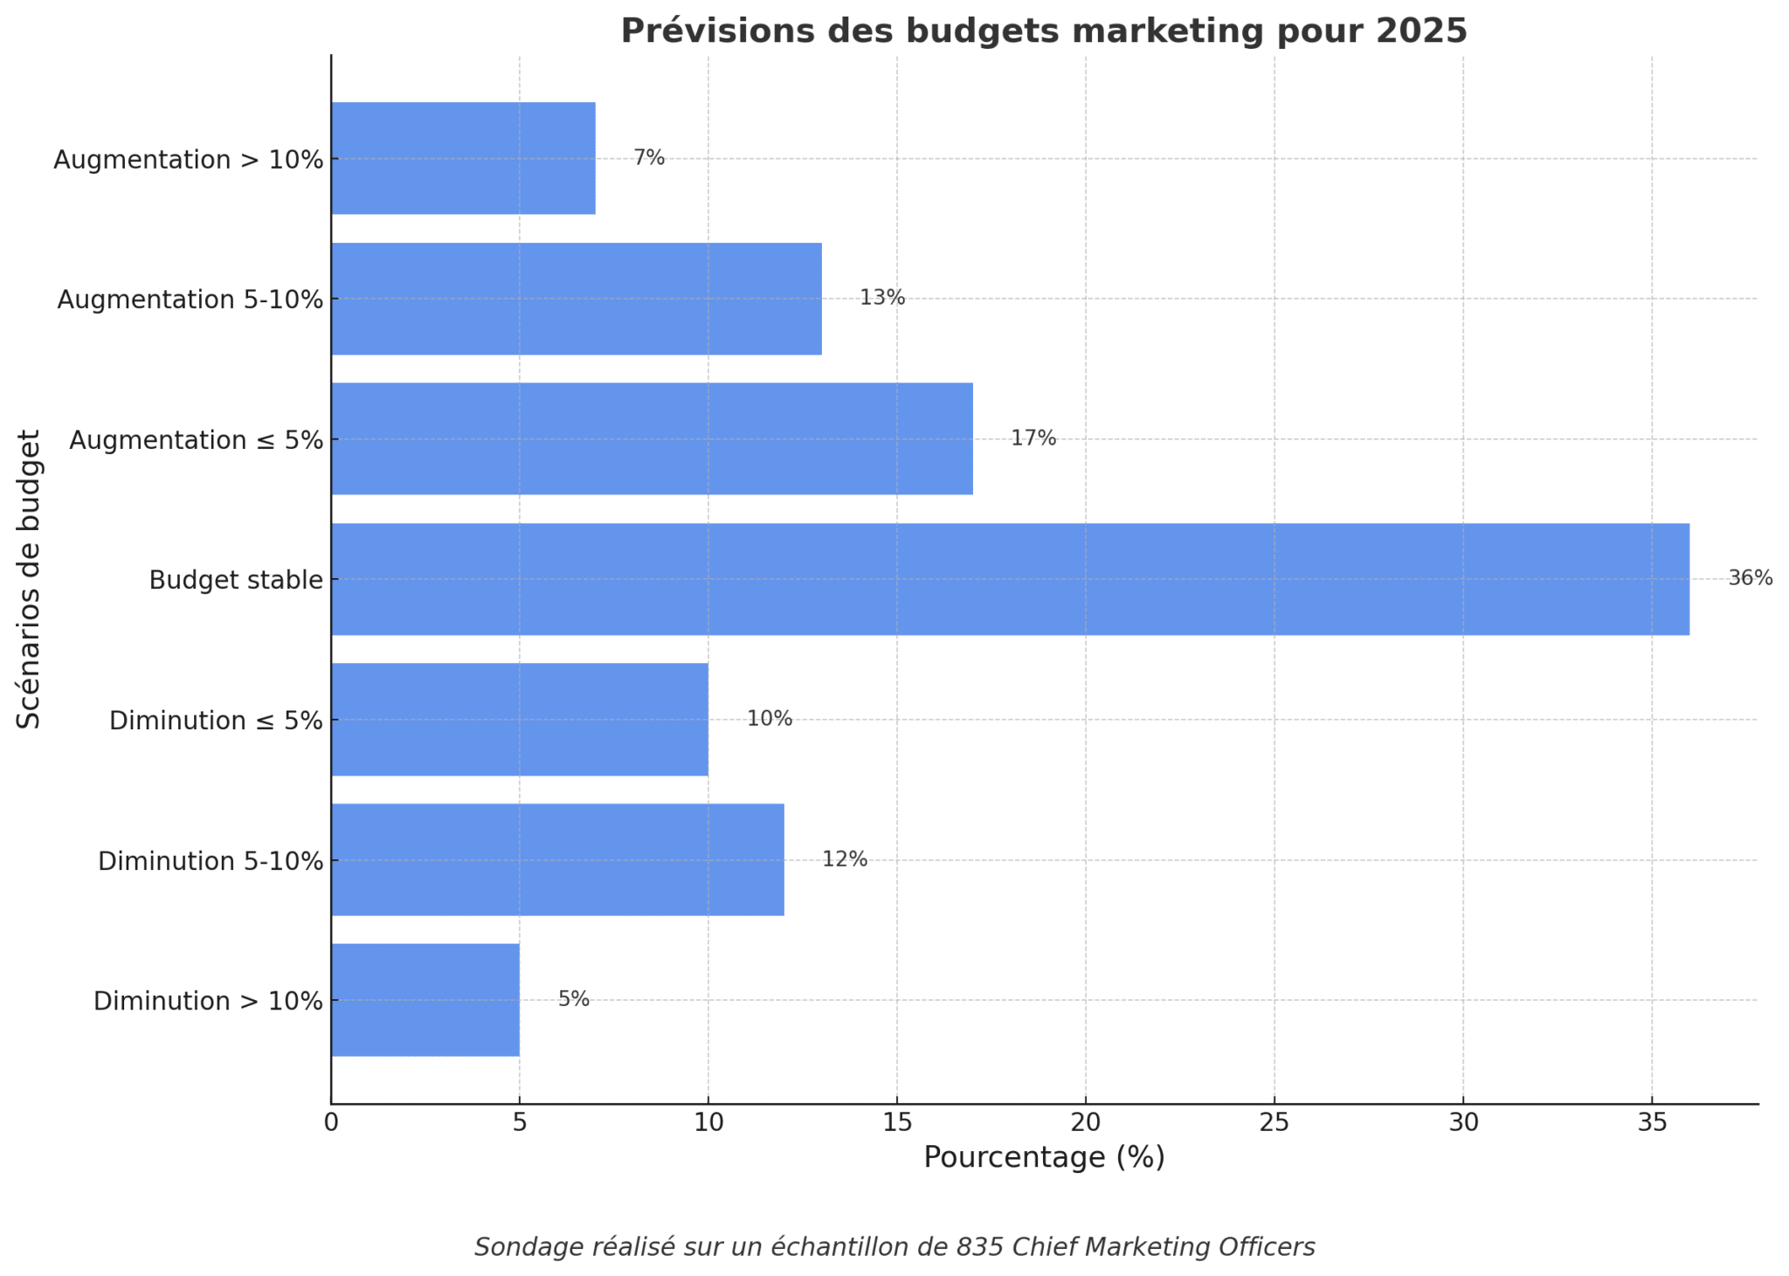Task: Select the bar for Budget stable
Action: (1009, 579)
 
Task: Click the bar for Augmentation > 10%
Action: (463, 158)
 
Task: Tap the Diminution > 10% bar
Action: (425, 1000)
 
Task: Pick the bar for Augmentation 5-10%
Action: (577, 299)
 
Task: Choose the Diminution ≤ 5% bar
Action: (520, 720)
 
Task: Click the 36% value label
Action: (1750, 578)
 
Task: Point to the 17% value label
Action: (1033, 438)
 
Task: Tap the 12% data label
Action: (845, 859)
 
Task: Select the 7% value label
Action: (649, 158)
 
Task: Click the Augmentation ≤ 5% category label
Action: (197, 440)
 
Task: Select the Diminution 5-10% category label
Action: (211, 861)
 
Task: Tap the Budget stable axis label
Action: (236, 580)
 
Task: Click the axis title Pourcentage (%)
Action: (1044, 1157)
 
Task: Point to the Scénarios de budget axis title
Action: (29, 579)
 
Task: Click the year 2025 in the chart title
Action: (1421, 31)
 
